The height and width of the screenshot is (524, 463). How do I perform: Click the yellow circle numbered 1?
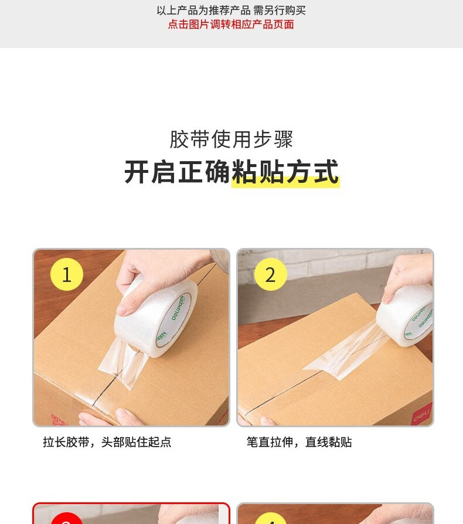[66, 274]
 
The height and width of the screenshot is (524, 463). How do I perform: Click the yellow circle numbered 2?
[270, 274]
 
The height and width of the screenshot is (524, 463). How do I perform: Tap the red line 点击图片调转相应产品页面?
[231, 25]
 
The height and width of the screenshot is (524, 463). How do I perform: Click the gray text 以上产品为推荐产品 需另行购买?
[231, 11]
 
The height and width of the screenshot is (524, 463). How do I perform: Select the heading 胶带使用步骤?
[231, 139]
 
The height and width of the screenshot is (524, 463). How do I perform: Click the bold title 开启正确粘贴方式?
[231, 172]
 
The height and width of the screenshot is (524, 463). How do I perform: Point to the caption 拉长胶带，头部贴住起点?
[107, 442]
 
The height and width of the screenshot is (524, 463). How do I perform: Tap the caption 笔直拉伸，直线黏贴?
[299, 442]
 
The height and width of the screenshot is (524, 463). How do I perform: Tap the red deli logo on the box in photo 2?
[421, 415]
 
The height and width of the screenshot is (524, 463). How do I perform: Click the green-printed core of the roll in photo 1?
[173, 321]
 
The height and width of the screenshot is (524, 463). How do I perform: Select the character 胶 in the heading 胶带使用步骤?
[180, 139]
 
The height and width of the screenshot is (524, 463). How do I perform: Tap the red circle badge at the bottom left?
[67, 518]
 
